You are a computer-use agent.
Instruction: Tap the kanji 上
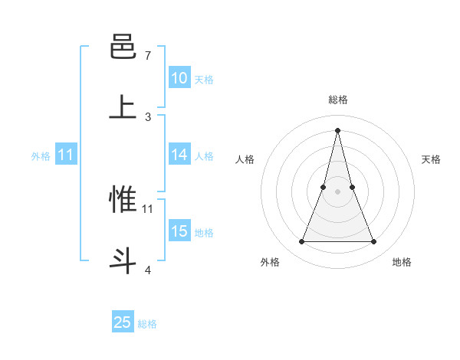(x=123, y=108)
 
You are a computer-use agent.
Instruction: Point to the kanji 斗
(x=123, y=260)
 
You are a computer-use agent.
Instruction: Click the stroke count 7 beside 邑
(x=148, y=56)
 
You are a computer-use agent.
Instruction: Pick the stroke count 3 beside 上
(x=148, y=116)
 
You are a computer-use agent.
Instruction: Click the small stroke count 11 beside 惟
(x=148, y=208)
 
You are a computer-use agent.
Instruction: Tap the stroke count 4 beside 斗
(x=148, y=269)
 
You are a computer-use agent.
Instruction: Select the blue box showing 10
(x=179, y=78)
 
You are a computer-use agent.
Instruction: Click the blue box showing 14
(x=179, y=155)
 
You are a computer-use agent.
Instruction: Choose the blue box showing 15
(x=179, y=231)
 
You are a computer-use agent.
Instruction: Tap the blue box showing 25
(x=123, y=322)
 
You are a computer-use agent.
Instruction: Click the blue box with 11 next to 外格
(x=66, y=155)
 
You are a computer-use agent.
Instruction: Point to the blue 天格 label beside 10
(x=204, y=79)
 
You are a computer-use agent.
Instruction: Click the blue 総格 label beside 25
(x=147, y=324)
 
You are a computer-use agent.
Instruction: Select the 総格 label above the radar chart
(x=338, y=100)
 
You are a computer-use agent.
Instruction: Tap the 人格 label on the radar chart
(x=245, y=159)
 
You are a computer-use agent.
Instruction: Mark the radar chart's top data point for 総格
(x=338, y=130)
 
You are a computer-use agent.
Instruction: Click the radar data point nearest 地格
(x=374, y=242)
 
